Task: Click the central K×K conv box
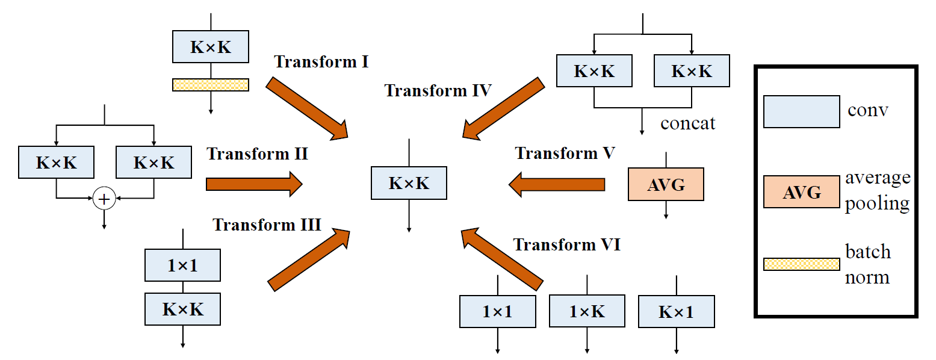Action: click(x=409, y=183)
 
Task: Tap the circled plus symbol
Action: click(x=104, y=198)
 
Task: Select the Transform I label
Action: click(x=321, y=61)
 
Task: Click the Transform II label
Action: click(x=258, y=154)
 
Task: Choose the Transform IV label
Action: click(x=438, y=91)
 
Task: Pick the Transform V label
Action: click(x=565, y=153)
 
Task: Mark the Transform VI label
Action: click(x=566, y=245)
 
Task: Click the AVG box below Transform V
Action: click(x=666, y=184)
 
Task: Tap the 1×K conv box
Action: click(x=587, y=311)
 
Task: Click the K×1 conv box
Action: click(x=677, y=311)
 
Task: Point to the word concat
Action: click(x=688, y=123)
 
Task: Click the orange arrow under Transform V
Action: click(x=556, y=184)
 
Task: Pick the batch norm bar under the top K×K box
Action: click(x=211, y=85)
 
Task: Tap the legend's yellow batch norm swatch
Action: click(x=801, y=264)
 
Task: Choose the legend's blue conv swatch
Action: click(x=801, y=111)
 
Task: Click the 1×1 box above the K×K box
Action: click(x=182, y=265)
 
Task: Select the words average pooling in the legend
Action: click(x=877, y=190)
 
